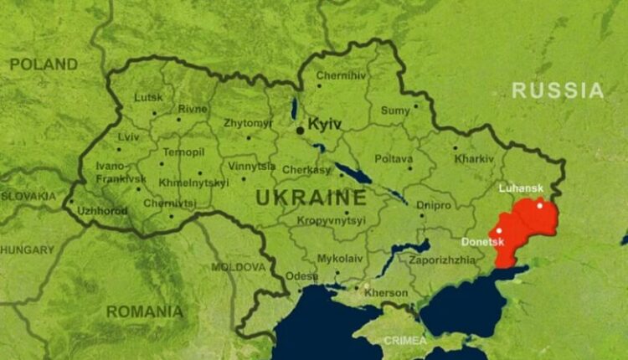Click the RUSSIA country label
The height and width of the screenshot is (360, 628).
[558, 90]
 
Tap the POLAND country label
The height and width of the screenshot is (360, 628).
[44, 64]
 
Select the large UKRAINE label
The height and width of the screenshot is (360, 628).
[311, 198]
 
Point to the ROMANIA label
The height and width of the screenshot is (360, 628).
[144, 311]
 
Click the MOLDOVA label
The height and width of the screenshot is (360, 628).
[239, 267]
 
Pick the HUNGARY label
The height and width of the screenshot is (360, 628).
[27, 249]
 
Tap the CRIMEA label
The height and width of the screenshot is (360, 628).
[404, 341]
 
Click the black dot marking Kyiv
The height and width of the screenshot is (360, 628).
[300, 130]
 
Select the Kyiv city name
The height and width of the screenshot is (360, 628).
[326, 124]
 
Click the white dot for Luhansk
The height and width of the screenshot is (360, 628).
[540, 205]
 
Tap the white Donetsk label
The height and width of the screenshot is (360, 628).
[482, 242]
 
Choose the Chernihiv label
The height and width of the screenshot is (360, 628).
[342, 75]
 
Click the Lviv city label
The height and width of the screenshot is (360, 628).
[128, 137]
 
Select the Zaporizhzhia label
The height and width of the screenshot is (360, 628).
[442, 260]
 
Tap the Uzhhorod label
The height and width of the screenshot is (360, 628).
[101, 211]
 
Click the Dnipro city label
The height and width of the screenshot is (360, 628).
[433, 205]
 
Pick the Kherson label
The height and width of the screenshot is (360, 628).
[386, 293]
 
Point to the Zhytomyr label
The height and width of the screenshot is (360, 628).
[248, 123]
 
